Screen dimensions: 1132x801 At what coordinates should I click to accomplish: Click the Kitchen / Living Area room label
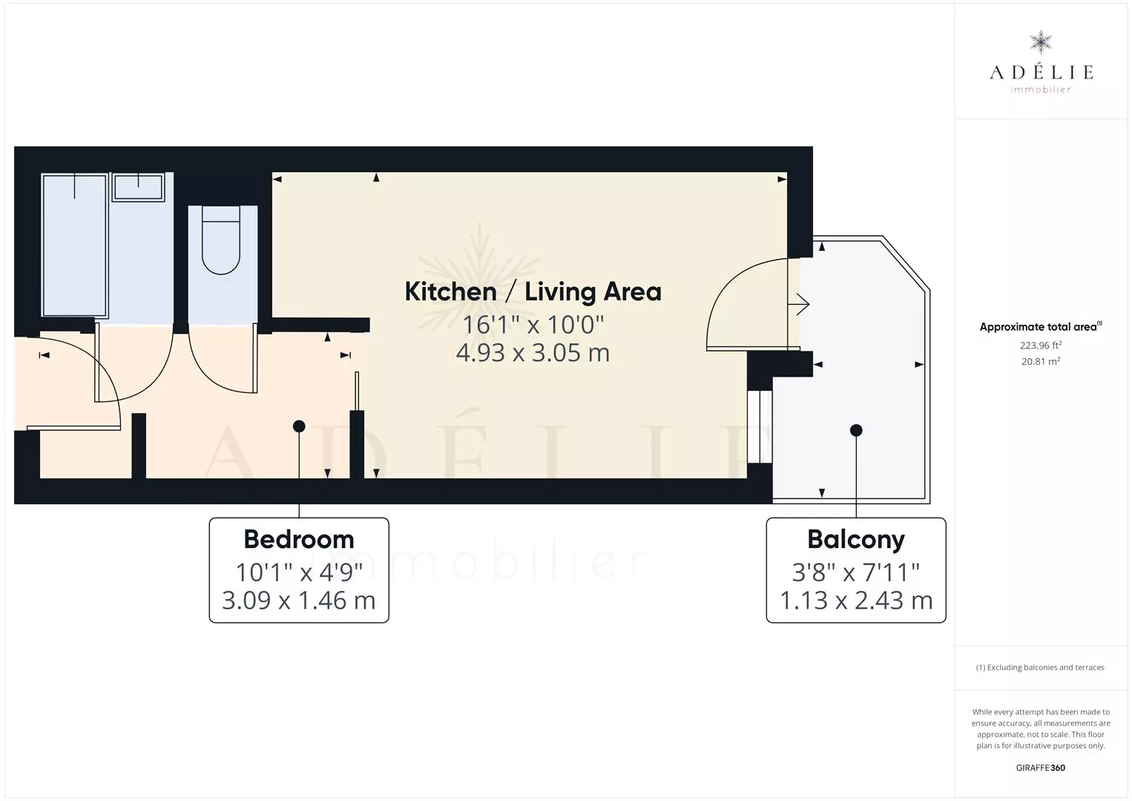533,292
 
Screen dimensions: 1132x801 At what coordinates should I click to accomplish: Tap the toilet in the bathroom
221,240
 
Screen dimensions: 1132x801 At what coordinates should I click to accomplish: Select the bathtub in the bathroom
75,245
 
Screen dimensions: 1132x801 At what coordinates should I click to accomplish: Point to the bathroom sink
138,187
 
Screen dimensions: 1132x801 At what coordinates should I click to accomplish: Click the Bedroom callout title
299,539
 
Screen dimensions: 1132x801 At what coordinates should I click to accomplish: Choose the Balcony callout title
855,540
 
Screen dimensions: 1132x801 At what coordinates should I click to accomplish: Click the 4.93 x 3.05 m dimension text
533,353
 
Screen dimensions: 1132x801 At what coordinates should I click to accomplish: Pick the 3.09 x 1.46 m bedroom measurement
299,600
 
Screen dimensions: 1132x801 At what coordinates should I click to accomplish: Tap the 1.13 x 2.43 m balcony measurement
855,600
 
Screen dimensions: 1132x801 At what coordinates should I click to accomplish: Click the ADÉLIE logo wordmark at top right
1041,72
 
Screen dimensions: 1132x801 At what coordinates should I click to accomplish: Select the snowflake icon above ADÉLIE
1041,42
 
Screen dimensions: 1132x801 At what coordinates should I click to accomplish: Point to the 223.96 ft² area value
1041,345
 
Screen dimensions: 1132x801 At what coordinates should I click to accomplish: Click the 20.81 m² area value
1041,361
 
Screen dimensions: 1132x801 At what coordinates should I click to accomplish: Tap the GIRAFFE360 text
1041,768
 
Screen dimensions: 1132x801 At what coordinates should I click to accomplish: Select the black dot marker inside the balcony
856,431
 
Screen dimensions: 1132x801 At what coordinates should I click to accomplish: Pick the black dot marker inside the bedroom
299,426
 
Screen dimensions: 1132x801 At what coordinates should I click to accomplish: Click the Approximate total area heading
1041,326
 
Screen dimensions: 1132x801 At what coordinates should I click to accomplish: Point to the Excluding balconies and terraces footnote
1040,667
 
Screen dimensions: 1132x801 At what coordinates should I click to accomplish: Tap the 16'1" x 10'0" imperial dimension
533,325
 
